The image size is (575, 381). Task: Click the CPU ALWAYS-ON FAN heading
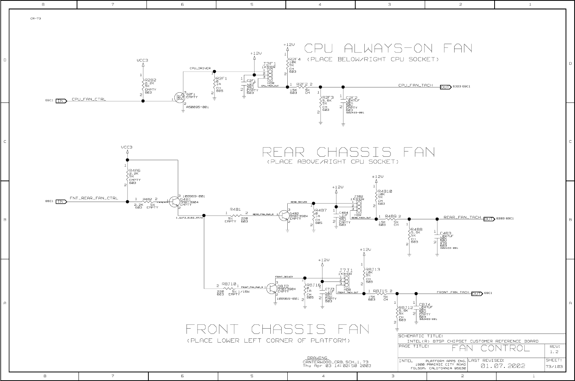point(388,48)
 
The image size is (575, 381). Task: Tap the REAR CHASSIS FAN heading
point(348,152)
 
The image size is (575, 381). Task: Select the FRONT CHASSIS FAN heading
point(277,329)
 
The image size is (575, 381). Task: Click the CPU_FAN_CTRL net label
point(89,99)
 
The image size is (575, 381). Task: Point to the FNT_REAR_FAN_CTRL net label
point(94,198)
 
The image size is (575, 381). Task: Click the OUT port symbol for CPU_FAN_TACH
point(446,87)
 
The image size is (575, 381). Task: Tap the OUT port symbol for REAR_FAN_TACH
point(489,219)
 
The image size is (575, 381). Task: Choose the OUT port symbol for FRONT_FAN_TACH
point(477,294)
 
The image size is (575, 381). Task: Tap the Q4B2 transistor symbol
point(285,216)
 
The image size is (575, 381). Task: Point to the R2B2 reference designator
point(150,80)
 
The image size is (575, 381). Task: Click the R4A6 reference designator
point(135,170)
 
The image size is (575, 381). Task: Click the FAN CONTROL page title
point(490,348)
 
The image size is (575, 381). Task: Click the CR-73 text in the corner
point(35,18)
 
